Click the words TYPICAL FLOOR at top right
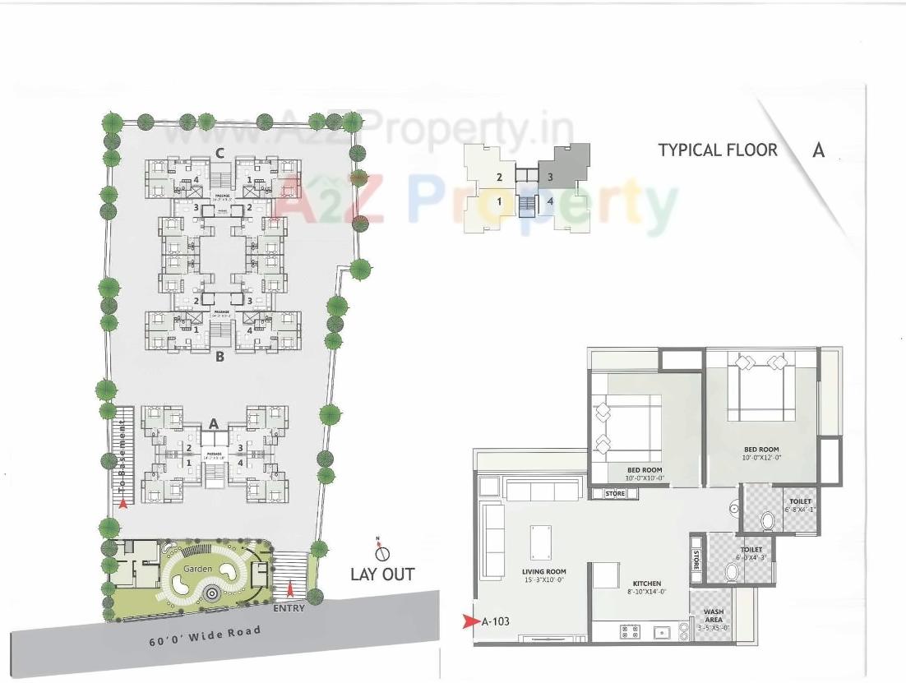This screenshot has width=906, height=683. [x=717, y=150]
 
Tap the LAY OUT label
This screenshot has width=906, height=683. [x=382, y=574]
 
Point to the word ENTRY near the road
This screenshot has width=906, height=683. [x=289, y=608]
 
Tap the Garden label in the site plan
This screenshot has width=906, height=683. [x=198, y=569]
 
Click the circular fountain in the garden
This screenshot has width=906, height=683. [x=212, y=593]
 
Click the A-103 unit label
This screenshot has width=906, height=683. [x=496, y=621]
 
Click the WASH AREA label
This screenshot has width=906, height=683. [x=713, y=616]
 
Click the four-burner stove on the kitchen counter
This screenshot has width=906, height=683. [x=631, y=631]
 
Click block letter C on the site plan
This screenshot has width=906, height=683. [x=220, y=152]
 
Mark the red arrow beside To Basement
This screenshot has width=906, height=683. [x=123, y=504]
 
